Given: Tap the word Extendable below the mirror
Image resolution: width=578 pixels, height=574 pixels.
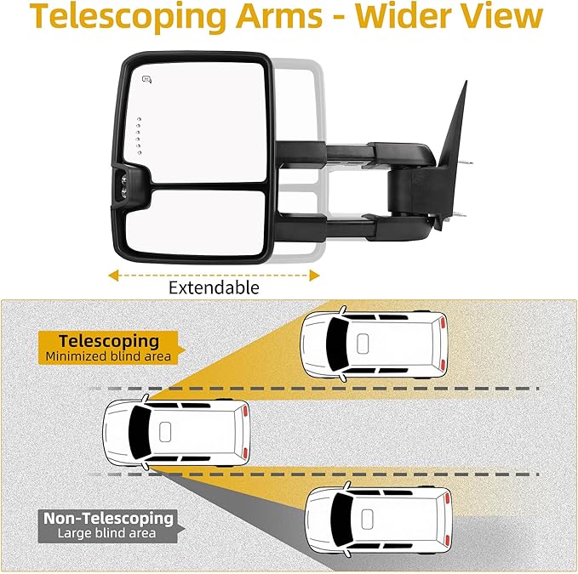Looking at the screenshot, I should pos(214,287).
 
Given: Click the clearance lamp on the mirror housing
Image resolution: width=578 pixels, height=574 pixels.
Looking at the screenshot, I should pos(125,183).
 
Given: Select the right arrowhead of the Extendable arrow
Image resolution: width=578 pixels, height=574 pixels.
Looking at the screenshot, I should pos(315,275).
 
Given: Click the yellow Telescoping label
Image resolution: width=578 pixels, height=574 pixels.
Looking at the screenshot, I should pos(109,341).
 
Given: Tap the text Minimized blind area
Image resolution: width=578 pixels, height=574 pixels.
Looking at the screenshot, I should pos(109,356).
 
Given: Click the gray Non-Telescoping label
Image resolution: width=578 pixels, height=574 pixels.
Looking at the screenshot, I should pos(109,518).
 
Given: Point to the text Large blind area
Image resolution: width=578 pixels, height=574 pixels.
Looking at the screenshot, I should pos(109,533).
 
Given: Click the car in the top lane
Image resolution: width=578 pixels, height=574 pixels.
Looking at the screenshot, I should pos(375,344).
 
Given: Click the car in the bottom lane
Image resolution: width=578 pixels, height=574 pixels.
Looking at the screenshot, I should pos(380,520).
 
